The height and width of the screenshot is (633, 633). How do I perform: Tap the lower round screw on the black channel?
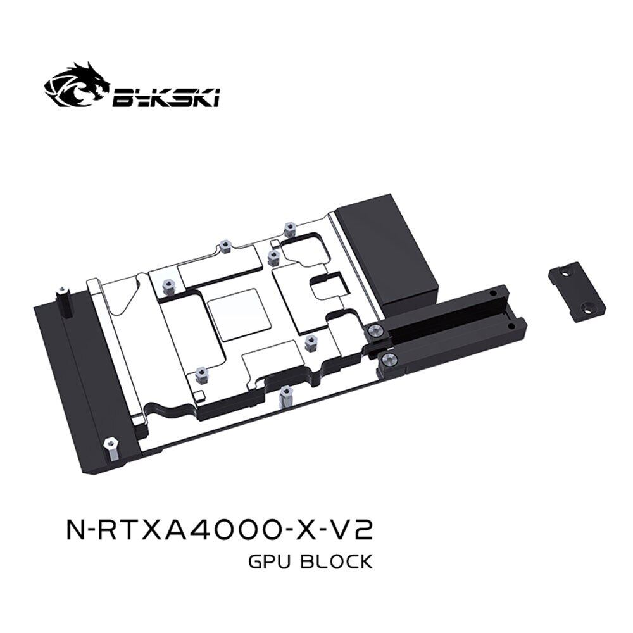[388, 360]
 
